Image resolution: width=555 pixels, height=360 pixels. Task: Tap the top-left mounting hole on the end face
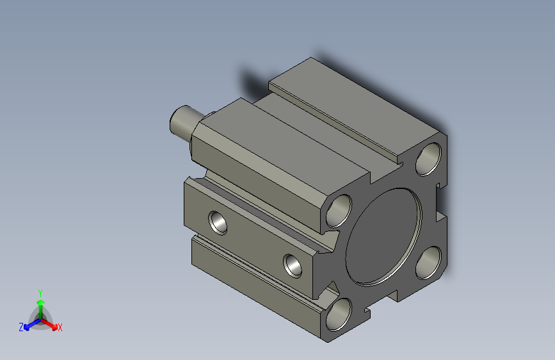339,211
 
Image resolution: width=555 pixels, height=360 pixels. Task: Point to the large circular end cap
384,237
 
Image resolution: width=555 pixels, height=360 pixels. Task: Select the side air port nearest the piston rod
219,222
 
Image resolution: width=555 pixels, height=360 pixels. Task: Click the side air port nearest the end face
294,264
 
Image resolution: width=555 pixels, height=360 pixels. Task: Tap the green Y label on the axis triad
40,292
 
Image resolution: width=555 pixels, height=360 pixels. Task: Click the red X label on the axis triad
60,327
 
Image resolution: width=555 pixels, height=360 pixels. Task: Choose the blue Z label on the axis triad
21,327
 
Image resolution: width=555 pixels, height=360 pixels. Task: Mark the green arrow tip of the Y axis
40,300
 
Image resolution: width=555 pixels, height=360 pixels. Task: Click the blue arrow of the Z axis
29,324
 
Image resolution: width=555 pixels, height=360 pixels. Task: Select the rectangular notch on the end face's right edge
441,212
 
